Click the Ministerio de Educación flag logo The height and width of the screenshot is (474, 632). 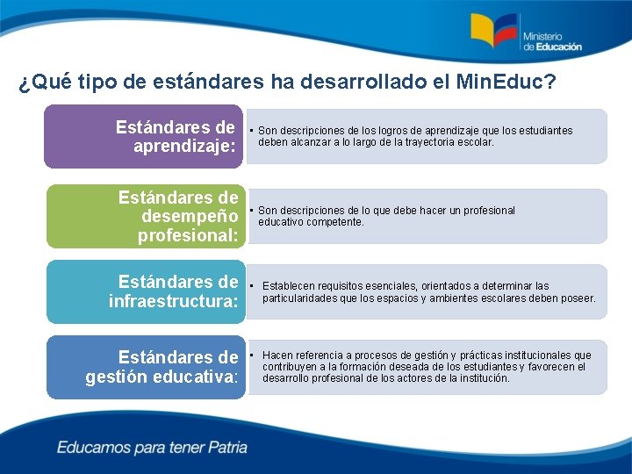(494, 32)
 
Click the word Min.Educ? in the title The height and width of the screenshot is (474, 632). (506, 83)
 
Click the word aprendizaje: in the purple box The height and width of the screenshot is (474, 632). (185, 147)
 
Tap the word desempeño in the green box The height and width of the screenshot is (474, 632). (190, 216)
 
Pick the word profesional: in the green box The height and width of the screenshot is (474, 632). (188, 235)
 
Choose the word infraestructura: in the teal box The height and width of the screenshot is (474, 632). (174, 302)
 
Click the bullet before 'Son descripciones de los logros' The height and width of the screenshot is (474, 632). (251, 131)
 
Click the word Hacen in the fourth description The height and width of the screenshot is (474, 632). (277, 355)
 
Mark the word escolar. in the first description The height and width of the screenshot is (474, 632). (476, 141)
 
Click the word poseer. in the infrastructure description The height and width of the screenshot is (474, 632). (578, 298)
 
